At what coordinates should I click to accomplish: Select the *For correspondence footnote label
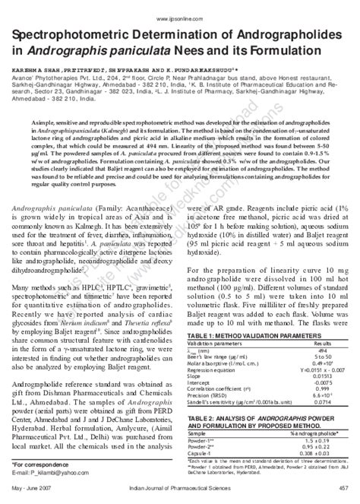(x=37, y=463)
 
